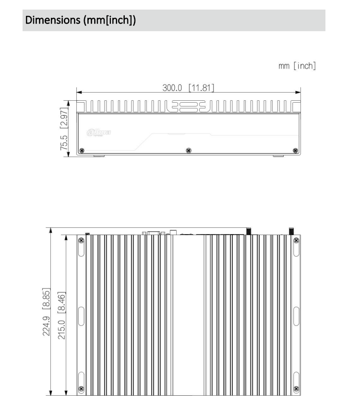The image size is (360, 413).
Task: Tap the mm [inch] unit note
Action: (x=297, y=66)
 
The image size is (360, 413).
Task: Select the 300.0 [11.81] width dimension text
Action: (x=188, y=87)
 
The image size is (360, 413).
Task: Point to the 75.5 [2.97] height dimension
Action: (x=63, y=128)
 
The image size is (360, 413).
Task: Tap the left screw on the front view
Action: (x=82, y=151)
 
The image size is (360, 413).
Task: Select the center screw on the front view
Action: (x=188, y=151)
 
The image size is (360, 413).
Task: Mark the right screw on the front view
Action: (x=295, y=151)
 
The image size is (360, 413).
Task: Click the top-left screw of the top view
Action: (x=81, y=239)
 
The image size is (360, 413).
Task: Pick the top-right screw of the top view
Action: (x=296, y=239)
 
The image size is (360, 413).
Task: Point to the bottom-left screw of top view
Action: (x=81, y=389)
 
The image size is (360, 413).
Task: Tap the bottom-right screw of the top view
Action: (x=296, y=389)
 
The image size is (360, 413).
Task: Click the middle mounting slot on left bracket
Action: (x=81, y=315)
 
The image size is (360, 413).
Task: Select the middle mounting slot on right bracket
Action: (x=296, y=315)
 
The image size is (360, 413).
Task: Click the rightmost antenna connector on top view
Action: (x=291, y=231)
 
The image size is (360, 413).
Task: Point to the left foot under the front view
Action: (x=98, y=155)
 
